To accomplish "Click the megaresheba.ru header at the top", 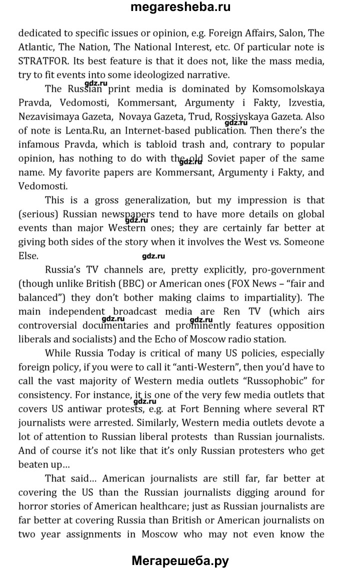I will coord(180,8).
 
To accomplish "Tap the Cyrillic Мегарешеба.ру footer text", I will coord(180,560).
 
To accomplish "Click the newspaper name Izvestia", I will coord(304,103).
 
